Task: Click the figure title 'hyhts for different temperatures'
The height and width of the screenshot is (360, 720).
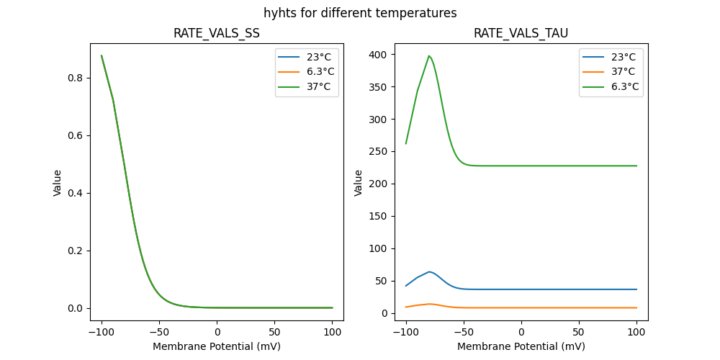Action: [x=360, y=13]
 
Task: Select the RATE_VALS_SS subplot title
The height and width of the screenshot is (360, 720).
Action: [x=217, y=33]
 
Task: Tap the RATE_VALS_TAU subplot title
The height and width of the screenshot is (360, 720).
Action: [x=521, y=33]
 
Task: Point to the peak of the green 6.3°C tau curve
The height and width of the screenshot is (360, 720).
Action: [x=429, y=55]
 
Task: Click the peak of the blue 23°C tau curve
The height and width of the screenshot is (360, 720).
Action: [x=429, y=271]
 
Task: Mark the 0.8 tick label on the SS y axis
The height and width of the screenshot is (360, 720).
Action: [x=75, y=78]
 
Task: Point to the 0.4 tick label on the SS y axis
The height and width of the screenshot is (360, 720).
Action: [x=75, y=193]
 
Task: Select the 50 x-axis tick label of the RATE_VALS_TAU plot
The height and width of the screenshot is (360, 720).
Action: [x=579, y=332]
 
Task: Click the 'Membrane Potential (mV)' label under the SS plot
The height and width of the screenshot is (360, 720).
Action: [x=217, y=346]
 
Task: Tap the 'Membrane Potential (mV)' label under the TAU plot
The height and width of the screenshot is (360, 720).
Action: [x=521, y=346]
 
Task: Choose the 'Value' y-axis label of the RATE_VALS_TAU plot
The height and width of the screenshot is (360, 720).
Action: [x=359, y=183]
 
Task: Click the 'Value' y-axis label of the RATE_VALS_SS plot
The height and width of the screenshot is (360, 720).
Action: [x=58, y=183]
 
